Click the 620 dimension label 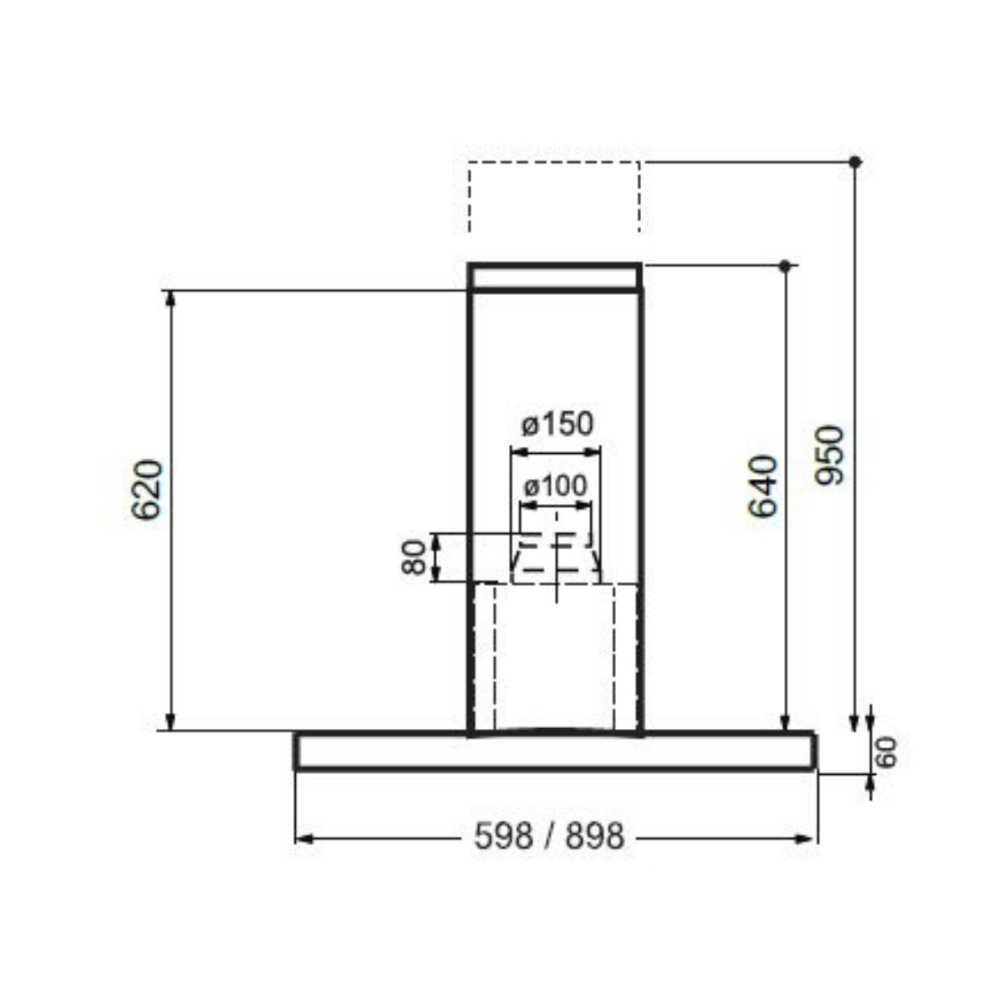147,490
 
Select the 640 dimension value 762,486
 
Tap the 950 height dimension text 831,456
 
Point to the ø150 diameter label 557,425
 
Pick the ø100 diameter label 555,486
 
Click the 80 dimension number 414,558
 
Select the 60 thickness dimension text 887,751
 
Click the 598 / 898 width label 549,836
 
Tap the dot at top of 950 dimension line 854,161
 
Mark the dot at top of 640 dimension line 784,266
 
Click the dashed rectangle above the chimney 554,196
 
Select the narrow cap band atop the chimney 555,277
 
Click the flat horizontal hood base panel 554,751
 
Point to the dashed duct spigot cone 556,558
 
